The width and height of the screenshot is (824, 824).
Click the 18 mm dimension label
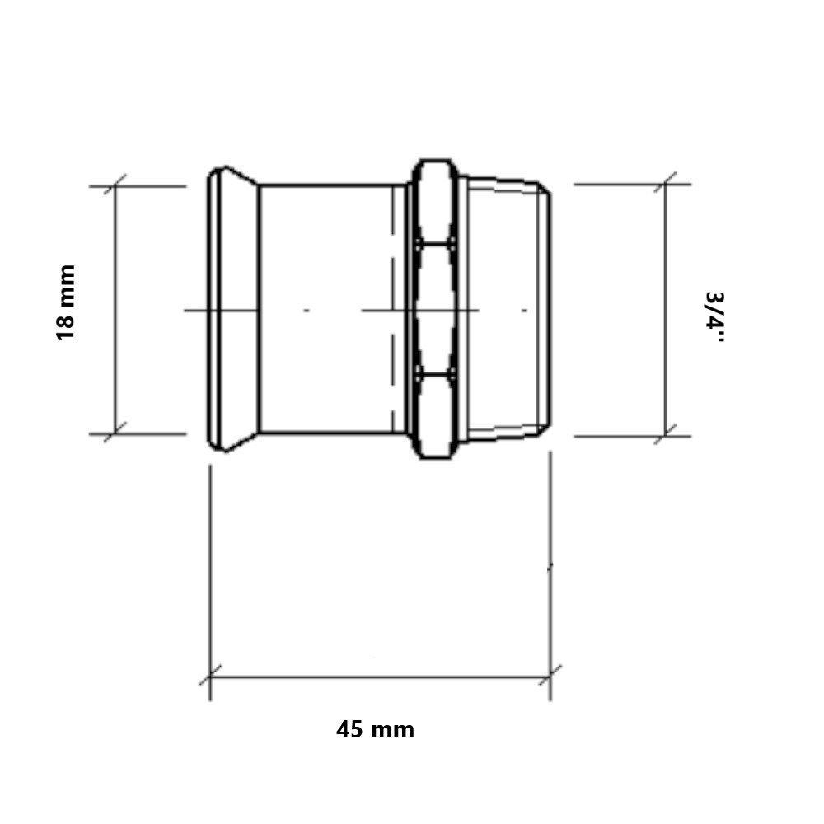[66, 302]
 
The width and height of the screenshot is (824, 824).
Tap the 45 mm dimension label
[375, 729]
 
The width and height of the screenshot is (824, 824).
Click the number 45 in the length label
[349, 729]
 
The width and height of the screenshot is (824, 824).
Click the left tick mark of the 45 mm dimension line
[210, 677]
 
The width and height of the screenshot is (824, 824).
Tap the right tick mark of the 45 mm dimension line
[550, 677]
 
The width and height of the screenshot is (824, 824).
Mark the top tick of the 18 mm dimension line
[115, 185]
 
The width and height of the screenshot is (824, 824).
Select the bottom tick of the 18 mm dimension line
[115, 433]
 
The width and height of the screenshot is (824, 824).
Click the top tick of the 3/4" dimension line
[665, 184]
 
